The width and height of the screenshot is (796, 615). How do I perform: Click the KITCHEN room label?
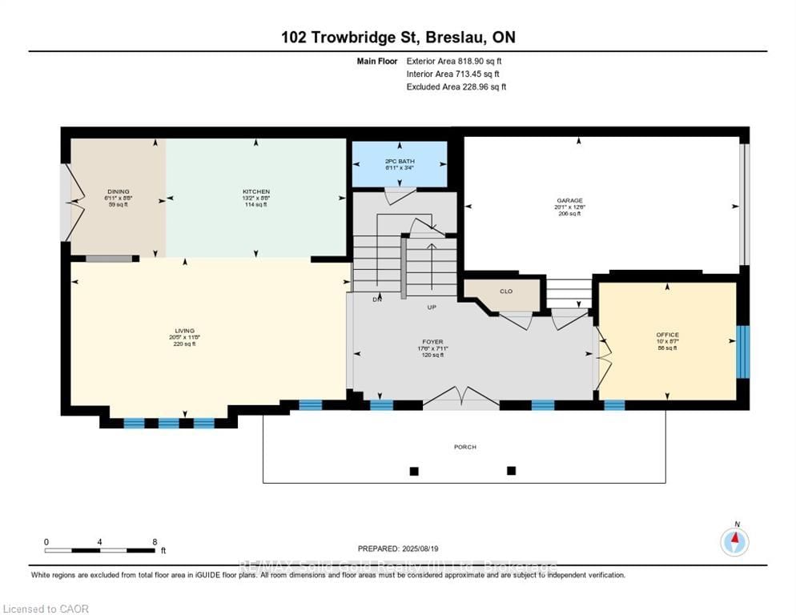pos(256,191)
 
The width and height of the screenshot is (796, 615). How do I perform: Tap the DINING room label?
pos(118,191)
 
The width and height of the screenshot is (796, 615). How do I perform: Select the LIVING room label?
pos(185,331)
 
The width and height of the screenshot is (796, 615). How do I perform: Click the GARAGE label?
pos(570,201)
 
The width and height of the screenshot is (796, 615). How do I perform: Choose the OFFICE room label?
pos(667,335)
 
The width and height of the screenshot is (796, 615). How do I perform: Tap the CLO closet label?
pos(506,291)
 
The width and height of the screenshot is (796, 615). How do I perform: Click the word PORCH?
pos(464,447)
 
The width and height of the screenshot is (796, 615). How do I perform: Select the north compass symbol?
pos(734,541)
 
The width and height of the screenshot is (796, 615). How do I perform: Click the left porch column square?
pos(414,471)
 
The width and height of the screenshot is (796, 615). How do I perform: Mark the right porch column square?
pos(512,470)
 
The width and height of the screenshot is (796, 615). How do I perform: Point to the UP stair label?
pos(431,307)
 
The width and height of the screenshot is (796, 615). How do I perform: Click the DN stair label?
pos(376,299)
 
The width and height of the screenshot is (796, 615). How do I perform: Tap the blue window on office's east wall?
pos(743,351)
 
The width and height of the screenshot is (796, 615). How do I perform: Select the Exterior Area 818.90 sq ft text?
pos(454,60)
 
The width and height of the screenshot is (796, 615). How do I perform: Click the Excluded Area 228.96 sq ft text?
pos(456,86)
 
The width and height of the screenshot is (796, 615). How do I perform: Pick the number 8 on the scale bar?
pos(155,541)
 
